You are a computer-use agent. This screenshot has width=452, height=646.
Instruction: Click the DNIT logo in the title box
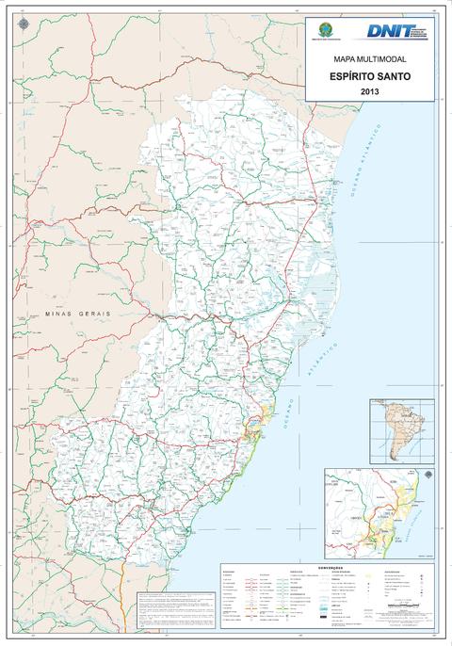(x=390, y=31)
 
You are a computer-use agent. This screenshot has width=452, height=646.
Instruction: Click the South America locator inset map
(x=402, y=429)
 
